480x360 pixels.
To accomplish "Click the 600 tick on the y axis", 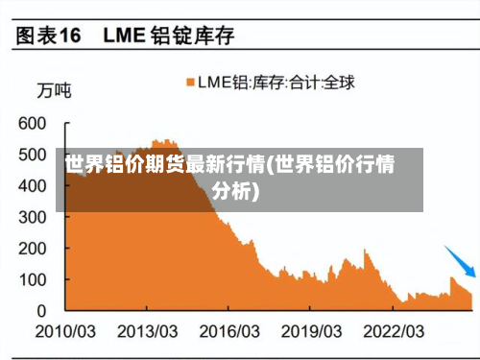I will pos(32,124).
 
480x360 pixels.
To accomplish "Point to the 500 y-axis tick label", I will pos(32,155).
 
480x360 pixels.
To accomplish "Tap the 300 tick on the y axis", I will pos(32,217).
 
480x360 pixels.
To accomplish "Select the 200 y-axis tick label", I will pos(32,249).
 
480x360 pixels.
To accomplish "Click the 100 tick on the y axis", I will pos(32,279).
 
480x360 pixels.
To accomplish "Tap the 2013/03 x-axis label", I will pos(147,331).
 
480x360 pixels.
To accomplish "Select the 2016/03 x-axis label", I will pos(228,331).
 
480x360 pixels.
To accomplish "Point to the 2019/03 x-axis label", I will pos(310,331).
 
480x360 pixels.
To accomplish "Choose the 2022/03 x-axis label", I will pos(393,331).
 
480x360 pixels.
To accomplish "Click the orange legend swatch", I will pos(190,83).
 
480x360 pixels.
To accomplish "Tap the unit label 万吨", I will pos(53,92).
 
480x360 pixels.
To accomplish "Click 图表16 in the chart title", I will pos(46,36).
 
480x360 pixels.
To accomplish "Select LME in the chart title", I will pos(124,36).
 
